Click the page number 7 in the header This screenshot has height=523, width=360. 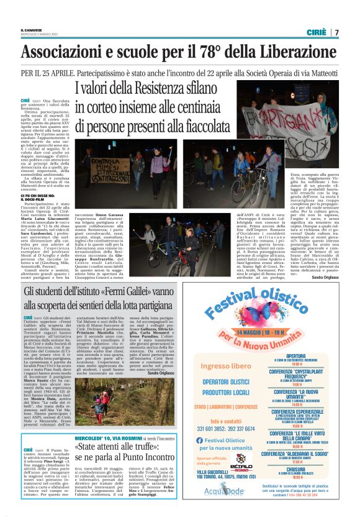[336, 32]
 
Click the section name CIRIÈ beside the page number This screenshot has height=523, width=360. [316, 32]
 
